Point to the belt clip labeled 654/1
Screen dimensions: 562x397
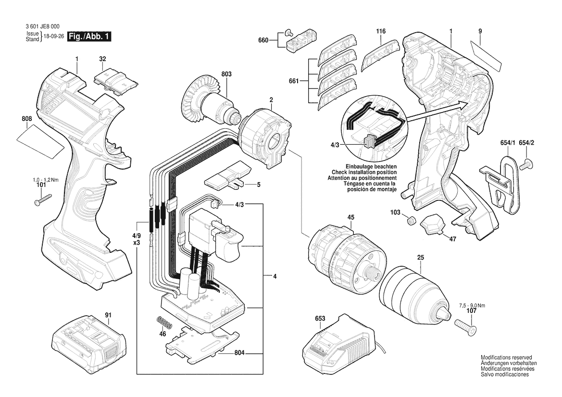501,184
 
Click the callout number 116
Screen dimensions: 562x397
381,31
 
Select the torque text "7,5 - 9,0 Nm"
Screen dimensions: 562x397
473,305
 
